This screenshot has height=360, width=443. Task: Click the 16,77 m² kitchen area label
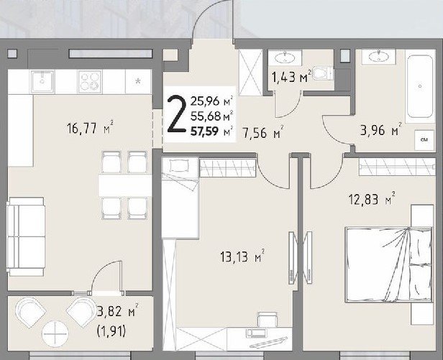point(91,129)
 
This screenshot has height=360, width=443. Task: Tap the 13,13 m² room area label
point(242,257)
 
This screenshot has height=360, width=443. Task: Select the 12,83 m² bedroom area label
point(372,199)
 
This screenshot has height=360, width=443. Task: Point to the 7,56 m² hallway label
point(263,132)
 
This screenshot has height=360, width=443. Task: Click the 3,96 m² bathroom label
point(381,130)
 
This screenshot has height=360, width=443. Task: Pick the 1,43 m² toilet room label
point(291,76)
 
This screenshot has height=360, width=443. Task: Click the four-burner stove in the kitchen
point(90,81)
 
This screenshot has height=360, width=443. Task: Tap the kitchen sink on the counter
point(42,81)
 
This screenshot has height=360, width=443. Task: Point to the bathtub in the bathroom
point(420,87)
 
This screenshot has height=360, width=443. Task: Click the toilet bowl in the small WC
point(323,73)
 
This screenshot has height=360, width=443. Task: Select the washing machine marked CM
point(424,140)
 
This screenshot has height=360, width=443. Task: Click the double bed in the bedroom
point(389,264)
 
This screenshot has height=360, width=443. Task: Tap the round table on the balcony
point(55,333)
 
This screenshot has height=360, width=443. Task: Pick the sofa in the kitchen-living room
point(26,236)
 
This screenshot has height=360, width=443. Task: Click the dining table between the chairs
point(125,185)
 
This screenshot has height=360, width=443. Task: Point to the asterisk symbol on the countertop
point(138,82)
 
